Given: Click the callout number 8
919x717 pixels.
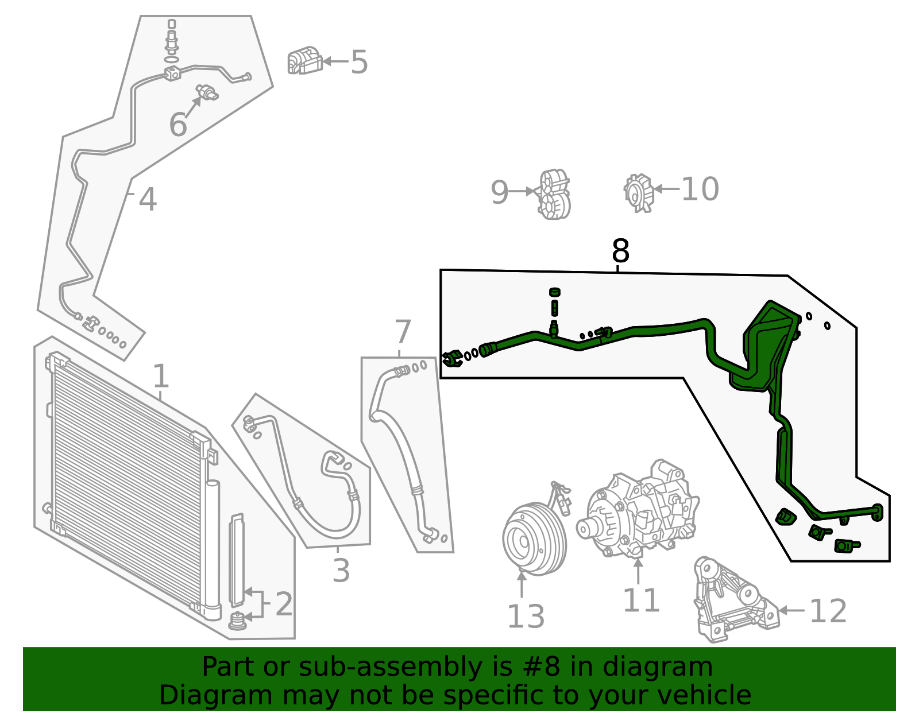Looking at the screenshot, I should click(x=620, y=251).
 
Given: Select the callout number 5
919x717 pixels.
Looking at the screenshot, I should click(x=359, y=62).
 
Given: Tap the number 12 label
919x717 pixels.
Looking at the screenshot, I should click(x=828, y=611).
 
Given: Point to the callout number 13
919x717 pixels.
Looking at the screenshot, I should click(x=526, y=617).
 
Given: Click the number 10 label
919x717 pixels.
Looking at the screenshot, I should click(x=700, y=189).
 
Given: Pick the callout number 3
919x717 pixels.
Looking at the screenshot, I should click(x=341, y=571).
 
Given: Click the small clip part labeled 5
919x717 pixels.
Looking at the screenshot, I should click(x=304, y=61).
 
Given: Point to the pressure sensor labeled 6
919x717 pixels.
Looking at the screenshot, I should click(x=207, y=92).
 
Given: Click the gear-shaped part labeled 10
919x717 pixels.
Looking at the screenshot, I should click(x=639, y=193).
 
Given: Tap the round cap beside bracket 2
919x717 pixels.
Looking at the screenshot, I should click(x=237, y=621).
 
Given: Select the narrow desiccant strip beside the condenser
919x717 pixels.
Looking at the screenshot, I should click(x=237, y=560).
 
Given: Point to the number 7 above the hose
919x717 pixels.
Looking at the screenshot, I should click(x=403, y=332).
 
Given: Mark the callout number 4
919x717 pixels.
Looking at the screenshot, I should click(x=148, y=200).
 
